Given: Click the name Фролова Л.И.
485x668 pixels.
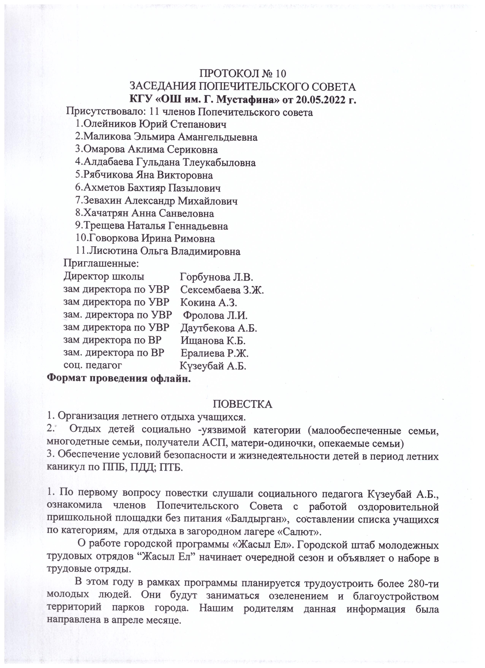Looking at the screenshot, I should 215,316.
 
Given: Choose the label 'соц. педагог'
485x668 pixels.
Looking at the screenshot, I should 93,365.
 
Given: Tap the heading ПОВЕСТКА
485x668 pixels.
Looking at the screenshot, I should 242,404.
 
